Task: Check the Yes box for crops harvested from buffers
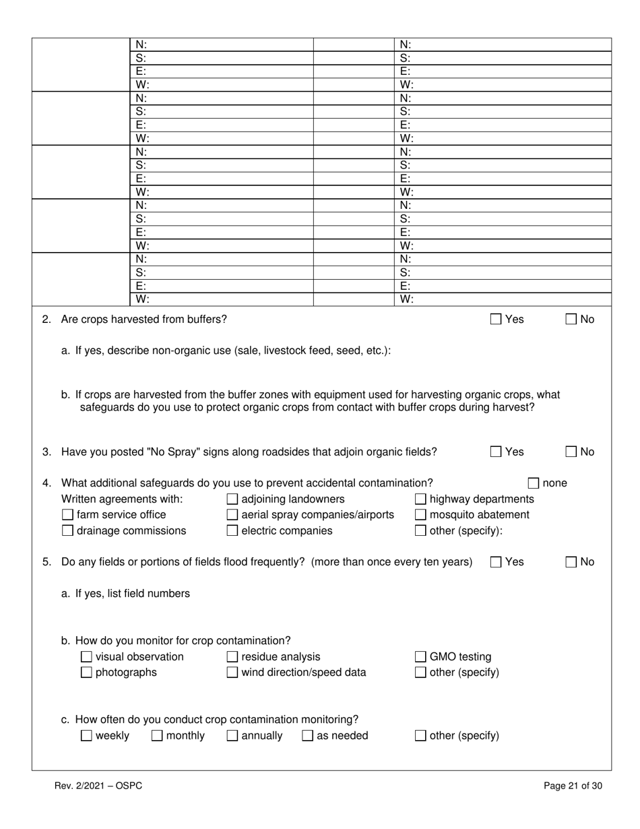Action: (496, 319)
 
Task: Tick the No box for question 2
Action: (571, 319)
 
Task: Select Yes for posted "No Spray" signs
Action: (496, 452)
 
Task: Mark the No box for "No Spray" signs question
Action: (571, 452)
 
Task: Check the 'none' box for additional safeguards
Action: (534, 483)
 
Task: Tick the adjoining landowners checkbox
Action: (232, 499)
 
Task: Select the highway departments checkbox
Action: (420, 499)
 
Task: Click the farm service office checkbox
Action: (67, 515)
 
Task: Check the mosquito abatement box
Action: (420, 515)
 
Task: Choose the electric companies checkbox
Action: (232, 531)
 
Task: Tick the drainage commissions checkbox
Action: (67, 531)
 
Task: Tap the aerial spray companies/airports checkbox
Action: (232, 515)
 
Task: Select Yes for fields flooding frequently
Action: (496, 562)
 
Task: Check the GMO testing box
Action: (420, 657)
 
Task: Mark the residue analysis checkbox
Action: (232, 657)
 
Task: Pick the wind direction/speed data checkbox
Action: (232, 673)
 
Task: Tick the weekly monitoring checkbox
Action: (86, 736)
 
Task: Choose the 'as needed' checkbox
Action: (307, 736)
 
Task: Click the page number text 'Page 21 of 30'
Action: (573, 786)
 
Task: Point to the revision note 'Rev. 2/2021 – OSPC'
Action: (98, 786)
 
